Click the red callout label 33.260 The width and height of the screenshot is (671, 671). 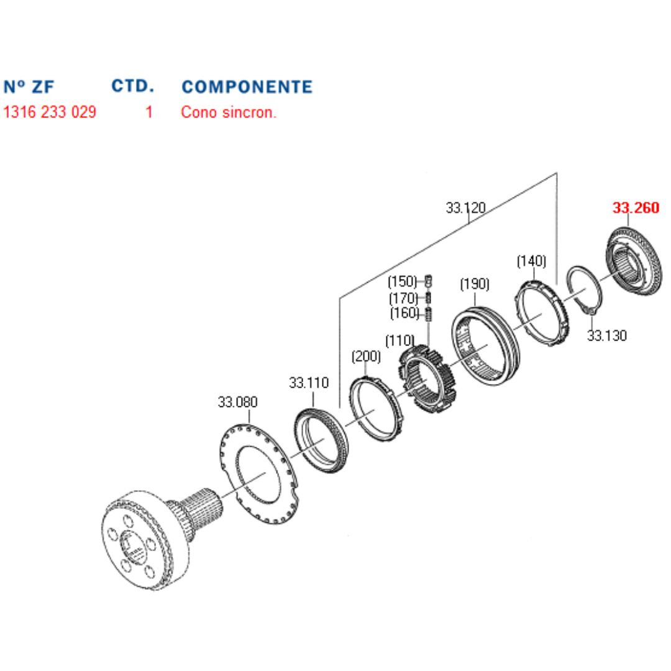coord(636,208)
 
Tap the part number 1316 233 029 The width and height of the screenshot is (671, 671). coord(50,113)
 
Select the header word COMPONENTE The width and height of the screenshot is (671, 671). coord(247,86)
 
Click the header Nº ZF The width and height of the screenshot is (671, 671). coord(29,86)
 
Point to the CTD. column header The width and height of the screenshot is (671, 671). coord(133,85)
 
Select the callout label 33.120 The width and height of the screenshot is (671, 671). coord(465,208)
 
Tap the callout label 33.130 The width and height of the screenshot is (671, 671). coord(607,335)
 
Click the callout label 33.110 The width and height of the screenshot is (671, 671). coord(309,383)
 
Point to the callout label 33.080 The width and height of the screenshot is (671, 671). coord(237,401)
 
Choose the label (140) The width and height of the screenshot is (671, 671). coord(531,261)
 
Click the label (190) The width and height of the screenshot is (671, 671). coord(475,285)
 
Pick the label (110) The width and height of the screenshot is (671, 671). coord(400,340)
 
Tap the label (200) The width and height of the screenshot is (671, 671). coord(366,357)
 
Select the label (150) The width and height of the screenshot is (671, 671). coord(403,280)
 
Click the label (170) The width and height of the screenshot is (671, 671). coord(403,297)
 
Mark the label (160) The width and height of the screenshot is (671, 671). coord(403,313)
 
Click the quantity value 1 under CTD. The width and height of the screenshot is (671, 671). coord(149,113)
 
